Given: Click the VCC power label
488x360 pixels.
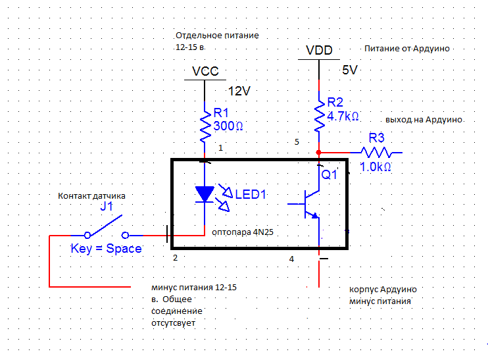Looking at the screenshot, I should [x=205, y=71].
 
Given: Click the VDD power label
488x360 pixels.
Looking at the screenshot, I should [x=320, y=51].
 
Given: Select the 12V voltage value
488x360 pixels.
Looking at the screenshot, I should [x=239, y=91].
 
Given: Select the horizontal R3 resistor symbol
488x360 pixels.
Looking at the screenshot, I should [x=377, y=152].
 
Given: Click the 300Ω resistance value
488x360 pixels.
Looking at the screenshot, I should [x=229, y=126].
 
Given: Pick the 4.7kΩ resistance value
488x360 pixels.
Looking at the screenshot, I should [x=343, y=116].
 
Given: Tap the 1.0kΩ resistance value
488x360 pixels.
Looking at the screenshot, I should [x=376, y=167].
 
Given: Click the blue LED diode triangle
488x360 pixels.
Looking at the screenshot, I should [x=205, y=193].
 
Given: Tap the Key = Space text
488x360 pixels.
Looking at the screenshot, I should [x=106, y=249].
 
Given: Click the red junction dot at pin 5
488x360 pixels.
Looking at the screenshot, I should [x=319, y=152].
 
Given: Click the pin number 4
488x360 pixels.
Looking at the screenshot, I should [x=291, y=259].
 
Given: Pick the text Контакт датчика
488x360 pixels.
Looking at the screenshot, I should [x=91, y=195].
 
